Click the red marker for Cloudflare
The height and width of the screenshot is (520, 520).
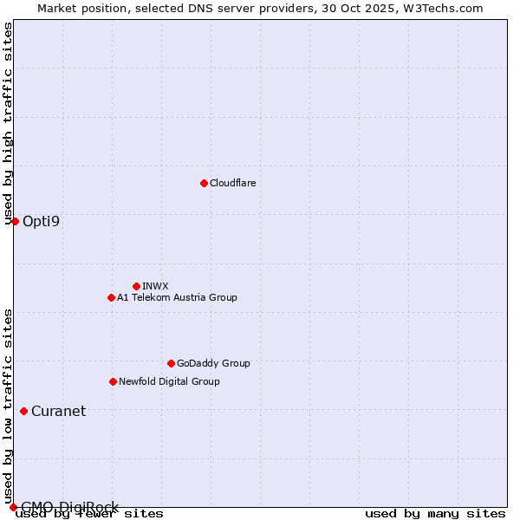204,183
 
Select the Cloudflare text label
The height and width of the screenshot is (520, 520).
232,183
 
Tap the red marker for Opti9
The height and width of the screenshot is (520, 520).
15,221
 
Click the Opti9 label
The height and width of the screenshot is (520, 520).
41,221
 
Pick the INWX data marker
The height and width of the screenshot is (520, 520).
136,286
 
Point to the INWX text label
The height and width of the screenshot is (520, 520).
155,286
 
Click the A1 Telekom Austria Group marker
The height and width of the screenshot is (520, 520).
111,297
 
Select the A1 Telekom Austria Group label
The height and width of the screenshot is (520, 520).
177,297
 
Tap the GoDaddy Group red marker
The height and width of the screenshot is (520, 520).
171,363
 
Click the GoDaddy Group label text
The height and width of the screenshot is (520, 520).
212,363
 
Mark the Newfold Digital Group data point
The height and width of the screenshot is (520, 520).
113,381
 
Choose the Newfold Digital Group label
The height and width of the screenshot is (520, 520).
169,381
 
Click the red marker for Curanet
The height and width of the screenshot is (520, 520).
23,411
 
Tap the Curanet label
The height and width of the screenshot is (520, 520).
58,411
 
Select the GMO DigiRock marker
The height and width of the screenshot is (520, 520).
13,507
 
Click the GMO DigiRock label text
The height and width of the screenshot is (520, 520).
69,507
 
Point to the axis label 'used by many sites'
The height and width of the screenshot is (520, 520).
435,513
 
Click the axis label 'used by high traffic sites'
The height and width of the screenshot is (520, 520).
8,123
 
